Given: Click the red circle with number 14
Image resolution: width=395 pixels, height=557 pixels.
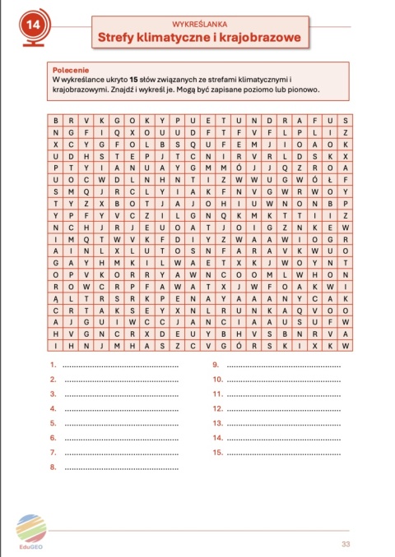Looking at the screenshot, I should [33, 25].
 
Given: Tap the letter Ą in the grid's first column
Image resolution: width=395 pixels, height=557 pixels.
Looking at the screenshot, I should [54, 300].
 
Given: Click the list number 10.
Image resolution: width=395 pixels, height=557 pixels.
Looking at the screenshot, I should [218, 380].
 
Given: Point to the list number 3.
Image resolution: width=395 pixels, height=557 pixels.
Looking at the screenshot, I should [53, 394].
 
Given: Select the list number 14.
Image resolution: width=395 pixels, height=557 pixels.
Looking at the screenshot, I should [218, 438].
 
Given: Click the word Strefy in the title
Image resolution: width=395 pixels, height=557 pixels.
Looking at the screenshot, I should [120, 38].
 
